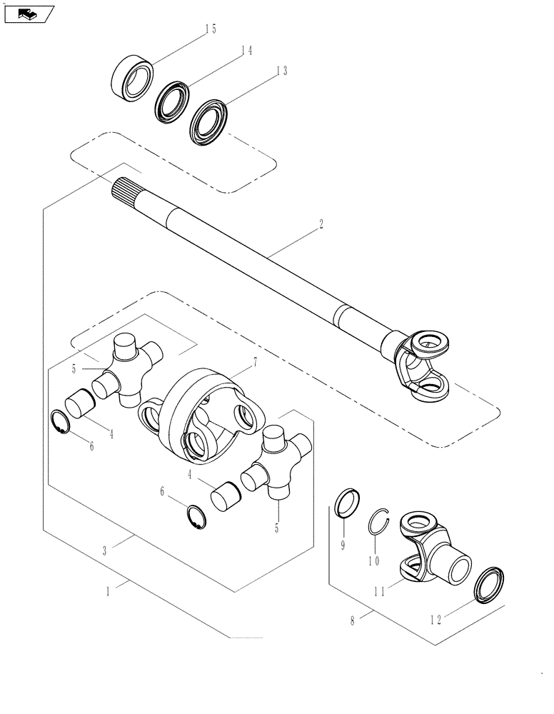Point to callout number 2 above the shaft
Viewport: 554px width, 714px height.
tap(321, 224)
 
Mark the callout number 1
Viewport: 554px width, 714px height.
tap(109, 592)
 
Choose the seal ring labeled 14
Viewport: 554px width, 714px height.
tap(172, 99)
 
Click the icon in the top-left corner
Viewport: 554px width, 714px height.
tap(28, 13)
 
